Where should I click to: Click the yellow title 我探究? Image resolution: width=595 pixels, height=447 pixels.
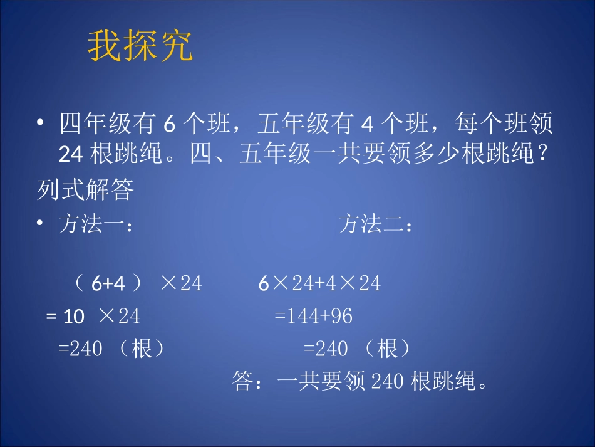coord(140,46)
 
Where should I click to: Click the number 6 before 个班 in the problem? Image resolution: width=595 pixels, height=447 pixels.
coord(168,125)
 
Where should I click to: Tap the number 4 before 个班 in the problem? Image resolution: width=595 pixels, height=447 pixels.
coord(368,125)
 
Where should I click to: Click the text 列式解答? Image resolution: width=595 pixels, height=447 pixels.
coord(85,191)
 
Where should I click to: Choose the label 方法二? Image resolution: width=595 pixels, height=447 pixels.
coord(375,224)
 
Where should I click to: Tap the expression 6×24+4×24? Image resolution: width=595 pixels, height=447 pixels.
coord(319,284)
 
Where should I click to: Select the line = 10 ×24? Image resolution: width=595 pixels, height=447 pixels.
coord(93,317)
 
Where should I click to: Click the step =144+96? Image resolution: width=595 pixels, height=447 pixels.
coord(314,317)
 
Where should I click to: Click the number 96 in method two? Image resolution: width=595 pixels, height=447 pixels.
coord(342,317)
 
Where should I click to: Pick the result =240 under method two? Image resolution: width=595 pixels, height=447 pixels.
coord(326,349)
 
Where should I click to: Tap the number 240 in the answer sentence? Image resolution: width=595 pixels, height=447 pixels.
coord(388,381)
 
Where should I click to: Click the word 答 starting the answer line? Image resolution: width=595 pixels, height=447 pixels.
coord(242,381)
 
